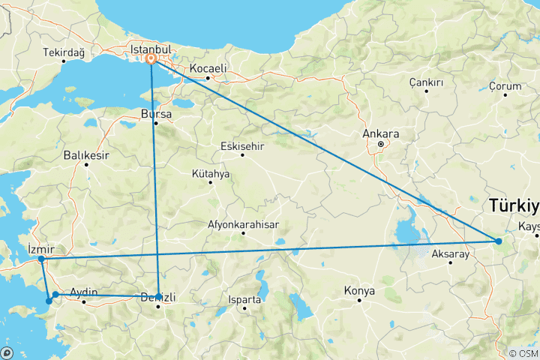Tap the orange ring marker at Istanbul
pyautogui.click(x=151, y=58)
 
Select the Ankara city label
pyautogui.click(x=380, y=133)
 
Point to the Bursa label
pyautogui.click(x=156, y=114)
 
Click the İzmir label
pyautogui.click(x=40, y=248)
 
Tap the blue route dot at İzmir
pyautogui.click(x=41, y=259)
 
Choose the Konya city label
pyautogui.click(x=358, y=290)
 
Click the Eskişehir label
pyautogui.click(x=242, y=146)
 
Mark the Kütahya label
pyautogui.click(x=211, y=173)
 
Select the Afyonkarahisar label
pyautogui.click(x=244, y=224)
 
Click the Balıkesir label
pyautogui.click(x=86, y=155)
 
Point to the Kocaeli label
pyautogui.click(x=208, y=68)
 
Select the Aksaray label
pyautogui.click(x=450, y=254)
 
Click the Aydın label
pyautogui.click(x=83, y=292)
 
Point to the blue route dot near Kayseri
pyautogui.click(x=499, y=241)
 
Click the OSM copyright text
pyautogui.click(x=522, y=353)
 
